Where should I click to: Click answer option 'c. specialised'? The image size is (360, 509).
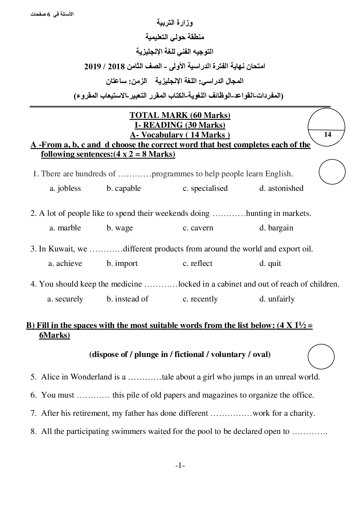(205, 188)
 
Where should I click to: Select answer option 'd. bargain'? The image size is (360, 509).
(276, 228)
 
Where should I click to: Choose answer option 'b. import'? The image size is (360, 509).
(122, 263)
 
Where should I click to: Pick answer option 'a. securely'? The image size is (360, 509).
(65, 299)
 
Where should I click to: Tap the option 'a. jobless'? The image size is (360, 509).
(65, 188)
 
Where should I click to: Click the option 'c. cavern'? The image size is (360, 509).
(198, 228)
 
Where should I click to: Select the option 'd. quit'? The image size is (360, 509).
(270, 263)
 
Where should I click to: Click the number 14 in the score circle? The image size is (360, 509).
(327, 135)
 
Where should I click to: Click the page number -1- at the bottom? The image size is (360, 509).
(180, 466)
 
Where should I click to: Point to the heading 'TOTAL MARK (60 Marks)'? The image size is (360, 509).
(180, 115)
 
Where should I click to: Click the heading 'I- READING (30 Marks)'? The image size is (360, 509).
(180, 125)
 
